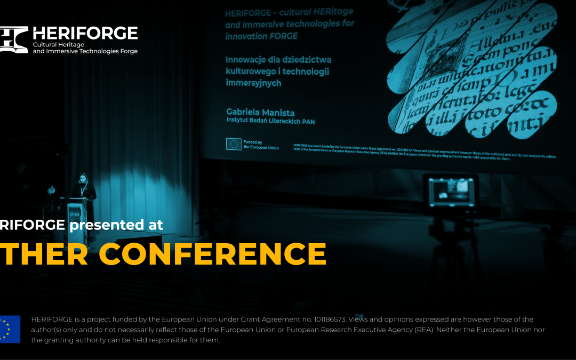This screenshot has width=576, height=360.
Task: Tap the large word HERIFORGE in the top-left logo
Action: pos(85,33)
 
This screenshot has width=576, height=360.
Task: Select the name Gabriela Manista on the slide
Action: pos(260,112)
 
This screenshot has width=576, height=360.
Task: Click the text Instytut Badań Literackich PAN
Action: pos(270,122)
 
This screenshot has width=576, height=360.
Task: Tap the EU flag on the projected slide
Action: pos(234,144)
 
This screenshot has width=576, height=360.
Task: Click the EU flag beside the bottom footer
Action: pos(10,329)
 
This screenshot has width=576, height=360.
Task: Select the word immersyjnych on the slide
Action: pos(253,83)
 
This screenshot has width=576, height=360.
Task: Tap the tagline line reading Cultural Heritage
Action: pos(59,44)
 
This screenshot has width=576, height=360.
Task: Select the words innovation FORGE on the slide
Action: pos(261,36)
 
